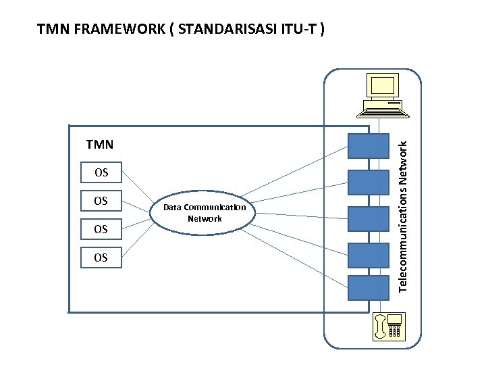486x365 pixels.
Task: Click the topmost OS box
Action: click(x=101, y=173)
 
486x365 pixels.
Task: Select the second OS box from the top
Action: click(x=101, y=201)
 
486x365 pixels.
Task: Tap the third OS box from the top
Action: click(x=101, y=230)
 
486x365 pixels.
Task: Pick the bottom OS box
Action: click(x=101, y=258)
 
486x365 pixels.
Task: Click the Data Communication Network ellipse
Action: click(x=205, y=213)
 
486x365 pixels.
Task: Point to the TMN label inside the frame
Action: click(x=100, y=145)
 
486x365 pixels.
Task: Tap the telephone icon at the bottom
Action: click(x=388, y=326)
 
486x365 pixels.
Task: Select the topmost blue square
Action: click(x=369, y=145)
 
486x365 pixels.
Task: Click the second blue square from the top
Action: click(x=369, y=182)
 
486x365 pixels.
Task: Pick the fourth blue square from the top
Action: click(x=369, y=255)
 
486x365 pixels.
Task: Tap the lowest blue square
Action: click(x=369, y=288)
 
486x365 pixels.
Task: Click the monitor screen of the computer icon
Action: click(x=383, y=85)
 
